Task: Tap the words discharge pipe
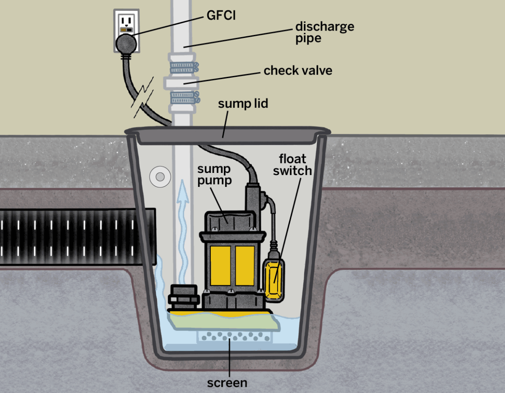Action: coord(324,32)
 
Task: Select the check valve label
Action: coord(298,70)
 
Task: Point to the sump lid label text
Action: coord(243,103)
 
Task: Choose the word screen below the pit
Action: coord(227,383)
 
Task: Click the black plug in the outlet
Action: coord(127,44)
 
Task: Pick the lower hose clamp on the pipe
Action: coord(182,96)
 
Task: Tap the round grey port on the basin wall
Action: coord(159,177)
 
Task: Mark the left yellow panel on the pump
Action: coord(219,265)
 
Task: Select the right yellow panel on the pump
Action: coord(244,265)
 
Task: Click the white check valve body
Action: coord(181,82)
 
